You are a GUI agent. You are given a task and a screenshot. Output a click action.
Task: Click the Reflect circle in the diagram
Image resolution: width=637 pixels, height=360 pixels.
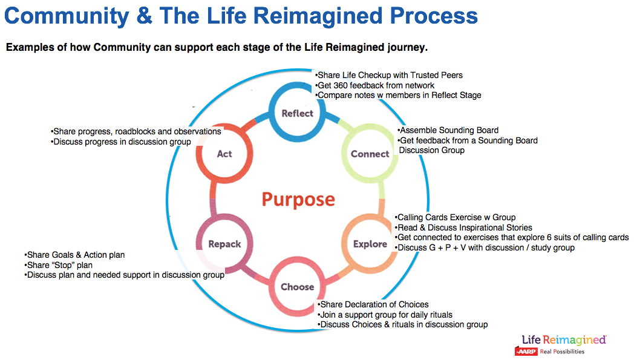pyautogui.click(x=297, y=113)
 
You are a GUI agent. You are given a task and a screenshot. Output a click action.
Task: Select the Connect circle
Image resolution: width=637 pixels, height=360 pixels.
pyautogui.click(x=370, y=154)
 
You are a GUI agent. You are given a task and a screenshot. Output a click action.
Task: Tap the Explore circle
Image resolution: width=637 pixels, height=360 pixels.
pyautogui.click(x=370, y=244)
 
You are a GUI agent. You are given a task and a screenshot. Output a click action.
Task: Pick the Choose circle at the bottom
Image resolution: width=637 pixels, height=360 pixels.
pyautogui.click(x=297, y=286)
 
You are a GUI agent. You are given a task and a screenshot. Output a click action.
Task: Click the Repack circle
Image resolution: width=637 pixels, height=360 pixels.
pyautogui.click(x=224, y=244)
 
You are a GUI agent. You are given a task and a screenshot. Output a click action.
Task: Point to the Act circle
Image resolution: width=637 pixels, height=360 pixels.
pyautogui.click(x=224, y=154)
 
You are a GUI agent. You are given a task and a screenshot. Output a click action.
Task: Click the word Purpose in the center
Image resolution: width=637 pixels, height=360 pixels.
pyautogui.click(x=298, y=199)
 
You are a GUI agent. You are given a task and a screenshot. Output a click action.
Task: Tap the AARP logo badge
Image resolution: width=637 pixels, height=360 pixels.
pyautogui.click(x=526, y=351)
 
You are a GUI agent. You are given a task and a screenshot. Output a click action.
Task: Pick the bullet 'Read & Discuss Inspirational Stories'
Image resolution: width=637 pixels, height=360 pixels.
pyautogui.click(x=464, y=227)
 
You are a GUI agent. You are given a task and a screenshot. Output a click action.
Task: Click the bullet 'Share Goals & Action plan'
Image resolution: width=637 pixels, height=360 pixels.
pyautogui.click(x=75, y=255)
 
